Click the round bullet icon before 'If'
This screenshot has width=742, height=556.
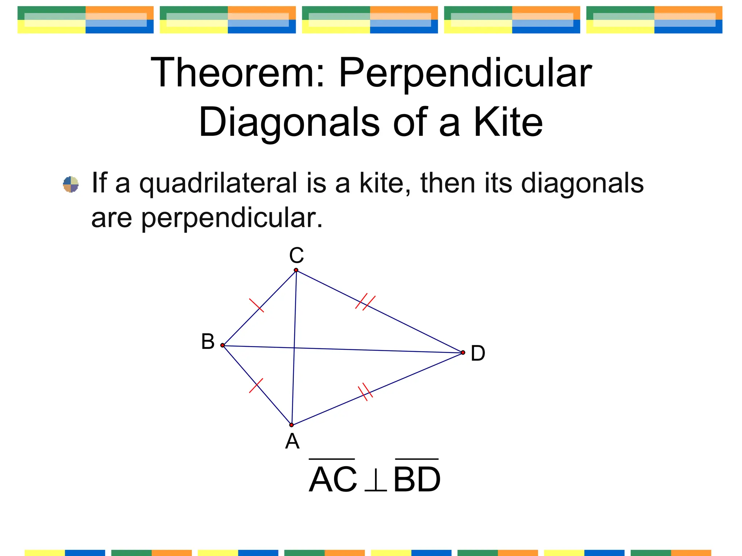click(71, 184)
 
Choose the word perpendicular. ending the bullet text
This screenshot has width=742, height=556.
click(232, 219)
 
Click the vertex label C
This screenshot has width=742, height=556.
click(296, 256)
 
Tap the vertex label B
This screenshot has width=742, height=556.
click(208, 342)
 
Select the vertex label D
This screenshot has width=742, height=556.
click(478, 353)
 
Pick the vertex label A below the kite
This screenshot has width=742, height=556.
click(292, 441)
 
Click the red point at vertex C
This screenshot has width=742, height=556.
click(296, 270)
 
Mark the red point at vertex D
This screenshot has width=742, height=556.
click(463, 353)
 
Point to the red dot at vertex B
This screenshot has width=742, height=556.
click(222, 345)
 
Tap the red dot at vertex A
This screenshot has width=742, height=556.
click(291, 425)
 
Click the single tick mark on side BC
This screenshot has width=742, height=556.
click(257, 305)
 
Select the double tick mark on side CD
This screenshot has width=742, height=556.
click(365, 302)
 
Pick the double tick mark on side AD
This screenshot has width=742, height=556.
click(365, 392)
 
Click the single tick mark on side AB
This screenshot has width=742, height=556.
click(256, 386)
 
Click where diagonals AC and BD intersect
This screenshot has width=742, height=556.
click(294, 348)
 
